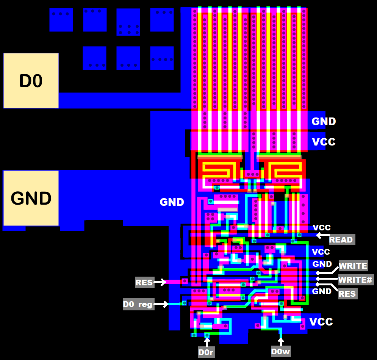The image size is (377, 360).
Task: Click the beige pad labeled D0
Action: click(x=31, y=81)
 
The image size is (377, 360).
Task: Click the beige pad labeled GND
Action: click(x=31, y=198)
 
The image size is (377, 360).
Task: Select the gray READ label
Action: click(x=341, y=239)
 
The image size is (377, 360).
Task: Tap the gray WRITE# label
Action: click(x=355, y=280)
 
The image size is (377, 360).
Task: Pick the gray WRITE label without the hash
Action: click(x=353, y=266)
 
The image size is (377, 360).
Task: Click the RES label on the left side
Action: click(x=144, y=282)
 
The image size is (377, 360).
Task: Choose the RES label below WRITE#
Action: click(x=347, y=294)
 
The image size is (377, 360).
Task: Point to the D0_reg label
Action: click(x=138, y=304)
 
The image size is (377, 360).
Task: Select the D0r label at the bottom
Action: click(x=206, y=352)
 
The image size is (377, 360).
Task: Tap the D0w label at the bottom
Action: click(x=281, y=352)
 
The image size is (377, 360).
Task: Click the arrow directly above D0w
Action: click(x=281, y=341)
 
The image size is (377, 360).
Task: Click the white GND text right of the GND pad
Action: click(x=172, y=202)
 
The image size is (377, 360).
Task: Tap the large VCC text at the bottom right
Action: click(x=321, y=322)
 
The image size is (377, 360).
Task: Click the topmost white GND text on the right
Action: click(x=324, y=121)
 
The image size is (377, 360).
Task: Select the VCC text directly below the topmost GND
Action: click(x=324, y=142)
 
